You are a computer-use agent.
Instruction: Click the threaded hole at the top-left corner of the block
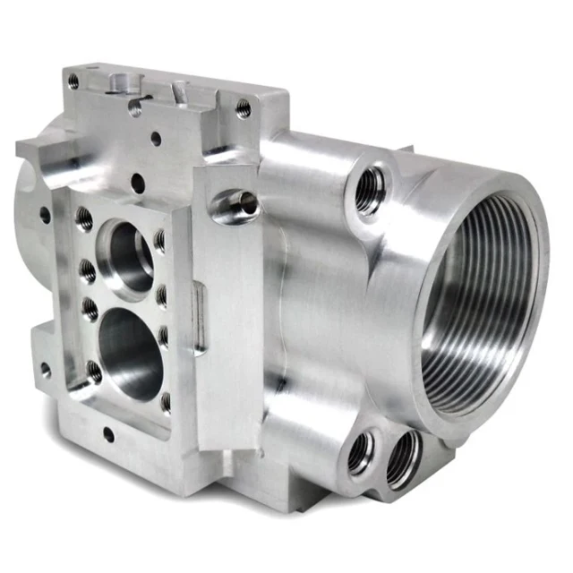click(73, 81)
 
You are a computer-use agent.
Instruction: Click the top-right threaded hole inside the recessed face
click(160, 240)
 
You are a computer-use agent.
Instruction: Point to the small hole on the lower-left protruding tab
click(43, 367)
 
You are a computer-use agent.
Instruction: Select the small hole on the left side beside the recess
click(45, 215)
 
